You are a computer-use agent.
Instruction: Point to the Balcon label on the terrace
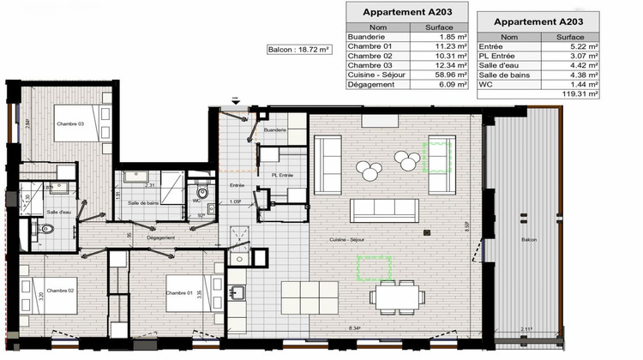pos(528,239)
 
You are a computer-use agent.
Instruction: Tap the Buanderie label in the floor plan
pos(274,129)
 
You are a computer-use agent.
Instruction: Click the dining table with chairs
pos(397,297)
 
